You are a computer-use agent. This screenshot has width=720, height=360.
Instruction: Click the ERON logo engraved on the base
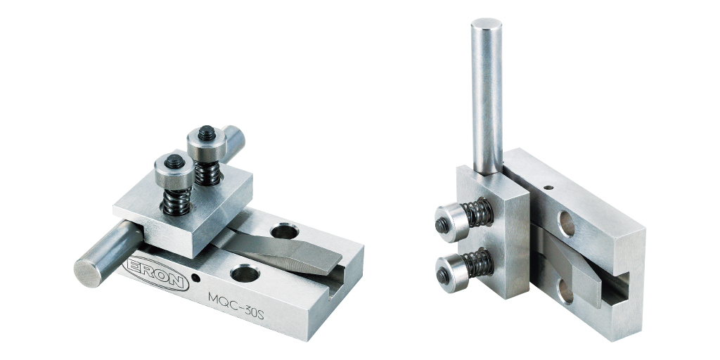(x=157, y=274)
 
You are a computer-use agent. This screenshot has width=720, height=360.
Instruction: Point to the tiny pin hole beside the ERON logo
(x=197, y=278)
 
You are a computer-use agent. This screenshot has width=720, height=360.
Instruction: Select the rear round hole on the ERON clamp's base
(x=285, y=231)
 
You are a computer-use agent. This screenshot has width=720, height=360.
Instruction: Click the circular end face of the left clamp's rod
(x=88, y=274)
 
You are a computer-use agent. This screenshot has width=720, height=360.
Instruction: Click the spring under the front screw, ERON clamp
(x=176, y=201)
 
